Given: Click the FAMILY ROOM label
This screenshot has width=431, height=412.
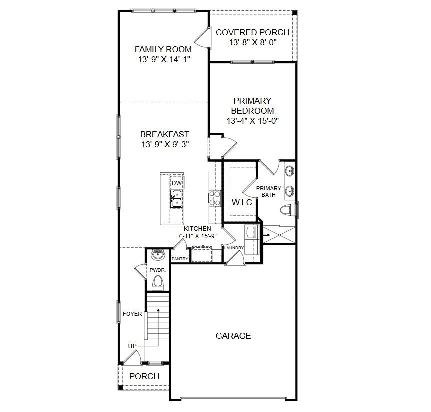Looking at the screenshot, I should pos(163,49).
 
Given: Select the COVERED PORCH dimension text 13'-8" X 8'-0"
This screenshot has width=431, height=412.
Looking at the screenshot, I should pos(252,43).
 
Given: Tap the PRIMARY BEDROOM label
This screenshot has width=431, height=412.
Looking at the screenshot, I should pos(252,106).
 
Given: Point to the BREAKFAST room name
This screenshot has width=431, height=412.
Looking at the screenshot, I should pos(164,134).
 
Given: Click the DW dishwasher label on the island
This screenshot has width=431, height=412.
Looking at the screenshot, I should pos(176,183).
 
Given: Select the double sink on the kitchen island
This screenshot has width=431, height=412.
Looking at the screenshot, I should pos(176,199).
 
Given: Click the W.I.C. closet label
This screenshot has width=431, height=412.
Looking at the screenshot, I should pos(243,203).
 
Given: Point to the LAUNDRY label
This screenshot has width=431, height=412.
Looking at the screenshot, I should pos(234,248).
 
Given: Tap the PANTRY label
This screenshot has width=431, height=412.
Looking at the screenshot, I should pos(180,259).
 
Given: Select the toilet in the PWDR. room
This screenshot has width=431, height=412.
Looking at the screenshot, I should pos(158,282).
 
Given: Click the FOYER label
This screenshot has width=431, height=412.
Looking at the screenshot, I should pos(133,314).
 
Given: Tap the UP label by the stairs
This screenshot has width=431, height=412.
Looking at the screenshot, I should pos(132,346).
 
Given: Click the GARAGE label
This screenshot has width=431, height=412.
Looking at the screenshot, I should pos(233,336).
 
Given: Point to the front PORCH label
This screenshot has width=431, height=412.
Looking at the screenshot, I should pos(144,376).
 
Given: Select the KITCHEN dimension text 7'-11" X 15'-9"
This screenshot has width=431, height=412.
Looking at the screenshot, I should pos(197,236).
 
